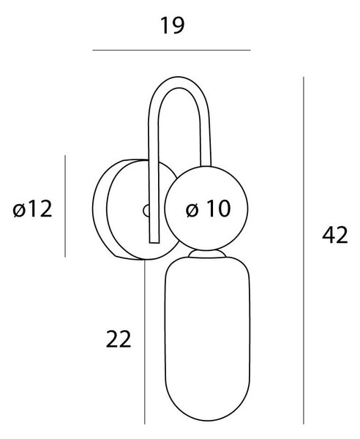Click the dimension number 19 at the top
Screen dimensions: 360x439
point(172,26)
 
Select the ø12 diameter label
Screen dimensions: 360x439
point(32,209)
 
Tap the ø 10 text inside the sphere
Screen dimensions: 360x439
point(209,209)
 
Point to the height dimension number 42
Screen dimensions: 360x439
point(335,234)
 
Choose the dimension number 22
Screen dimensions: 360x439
point(119,339)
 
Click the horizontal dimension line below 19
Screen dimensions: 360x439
point(172,50)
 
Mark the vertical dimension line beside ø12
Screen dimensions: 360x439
point(65,206)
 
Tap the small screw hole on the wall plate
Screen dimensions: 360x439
point(146,211)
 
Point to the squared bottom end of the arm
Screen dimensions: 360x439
point(154,242)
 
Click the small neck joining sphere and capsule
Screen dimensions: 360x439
point(207,254)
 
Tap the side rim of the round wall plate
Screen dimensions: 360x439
point(100,209)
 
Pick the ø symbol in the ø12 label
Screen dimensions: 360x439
point(19,209)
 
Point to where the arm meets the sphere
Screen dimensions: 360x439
point(206,166)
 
